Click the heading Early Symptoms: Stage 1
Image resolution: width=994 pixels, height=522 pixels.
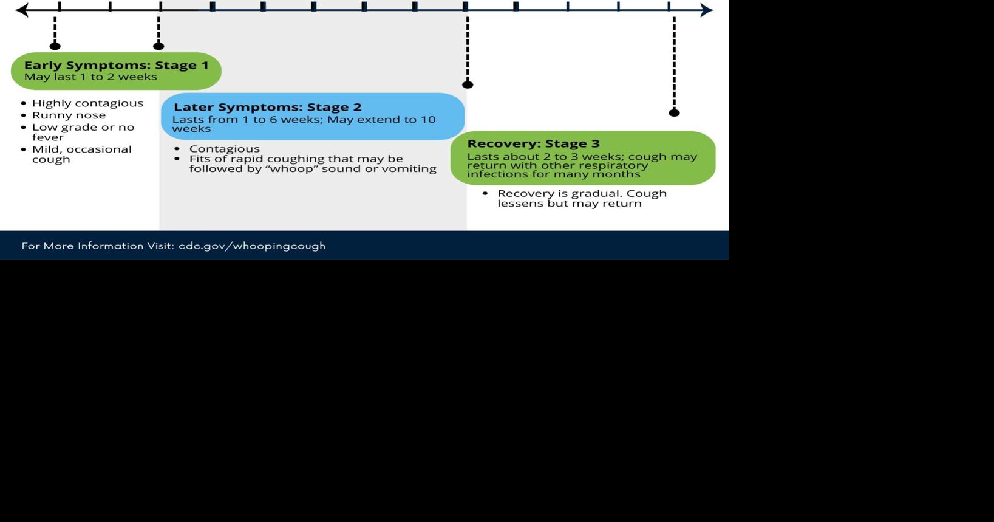pos(116,65)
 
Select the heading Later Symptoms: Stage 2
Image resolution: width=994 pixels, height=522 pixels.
pos(267,108)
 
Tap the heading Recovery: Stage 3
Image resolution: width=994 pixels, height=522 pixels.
pos(533,144)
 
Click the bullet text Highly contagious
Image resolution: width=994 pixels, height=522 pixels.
pos(87,103)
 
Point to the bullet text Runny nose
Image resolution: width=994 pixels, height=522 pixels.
pos(69,115)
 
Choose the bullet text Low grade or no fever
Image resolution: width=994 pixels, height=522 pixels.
pos(83,132)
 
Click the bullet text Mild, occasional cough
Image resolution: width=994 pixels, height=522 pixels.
pos(81,154)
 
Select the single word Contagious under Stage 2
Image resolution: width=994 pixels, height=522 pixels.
pos(224,149)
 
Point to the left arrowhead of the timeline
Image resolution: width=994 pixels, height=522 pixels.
pos(21,10)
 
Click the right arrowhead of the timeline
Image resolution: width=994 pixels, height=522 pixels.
pos(706,10)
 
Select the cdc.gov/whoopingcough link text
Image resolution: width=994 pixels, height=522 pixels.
pos(252,246)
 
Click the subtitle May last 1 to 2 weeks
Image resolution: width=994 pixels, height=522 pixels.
pos(90,77)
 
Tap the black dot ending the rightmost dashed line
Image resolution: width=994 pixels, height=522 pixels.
pos(674,112)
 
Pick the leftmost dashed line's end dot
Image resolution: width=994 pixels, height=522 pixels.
pos(55,46)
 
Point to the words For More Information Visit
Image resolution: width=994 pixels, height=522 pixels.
pos(97,246)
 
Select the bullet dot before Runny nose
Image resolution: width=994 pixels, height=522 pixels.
pos(24,115)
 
